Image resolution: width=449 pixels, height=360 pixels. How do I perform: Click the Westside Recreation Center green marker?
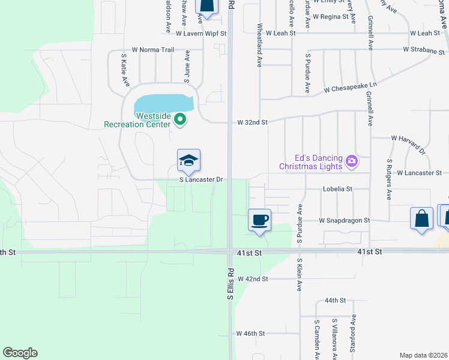click(179, 120)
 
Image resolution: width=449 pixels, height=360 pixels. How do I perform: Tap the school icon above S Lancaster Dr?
click(188, 160)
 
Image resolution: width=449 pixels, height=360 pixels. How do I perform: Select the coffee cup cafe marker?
click(260, 220)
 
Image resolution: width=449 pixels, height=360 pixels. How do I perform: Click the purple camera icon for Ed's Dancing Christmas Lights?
click(352, 161)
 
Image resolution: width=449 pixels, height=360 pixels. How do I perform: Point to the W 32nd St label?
click(252, 122)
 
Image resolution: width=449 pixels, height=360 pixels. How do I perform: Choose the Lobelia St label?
click(336, 188)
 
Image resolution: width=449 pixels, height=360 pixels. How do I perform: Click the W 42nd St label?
click(252, 279)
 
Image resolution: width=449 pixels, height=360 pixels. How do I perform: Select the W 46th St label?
click(251, 333)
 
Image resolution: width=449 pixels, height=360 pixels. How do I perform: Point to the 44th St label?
click(336, 300)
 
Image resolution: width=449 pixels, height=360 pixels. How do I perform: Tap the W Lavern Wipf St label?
click(200, 34)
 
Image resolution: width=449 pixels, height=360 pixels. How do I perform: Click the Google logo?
click(20, 353)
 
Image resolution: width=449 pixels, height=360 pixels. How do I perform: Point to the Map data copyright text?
click(424, 355)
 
